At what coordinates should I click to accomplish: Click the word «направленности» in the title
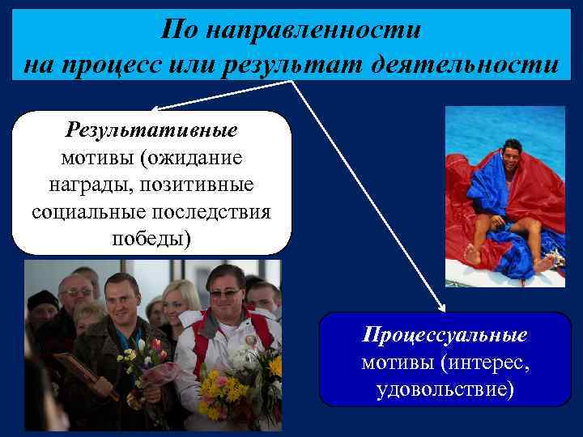tap(313, 31)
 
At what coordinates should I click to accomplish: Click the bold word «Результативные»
tap(151, 130)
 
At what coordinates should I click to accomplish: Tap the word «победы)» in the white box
tap(151, 240)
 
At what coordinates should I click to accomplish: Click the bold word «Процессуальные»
tap(445, 335)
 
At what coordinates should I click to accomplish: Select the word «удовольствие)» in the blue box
tap(445, 390)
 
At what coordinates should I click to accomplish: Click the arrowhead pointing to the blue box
tap(441, 308)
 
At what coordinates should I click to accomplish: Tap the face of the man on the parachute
tap(511, 155)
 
